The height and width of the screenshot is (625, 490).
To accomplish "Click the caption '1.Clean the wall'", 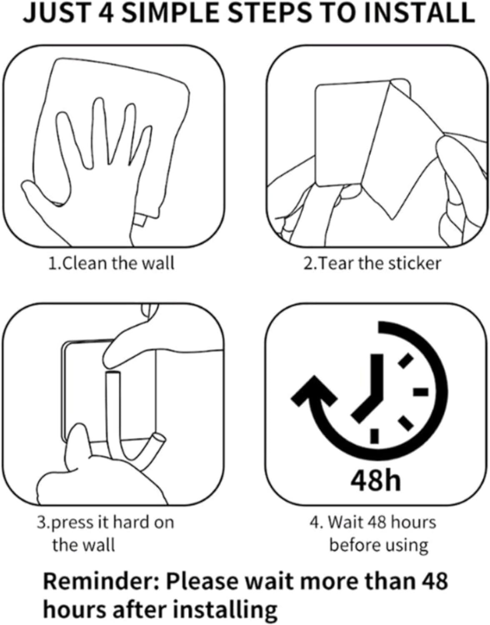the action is (x=111, y=263).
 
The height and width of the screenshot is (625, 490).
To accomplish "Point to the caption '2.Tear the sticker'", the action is (x=372, y=263).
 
